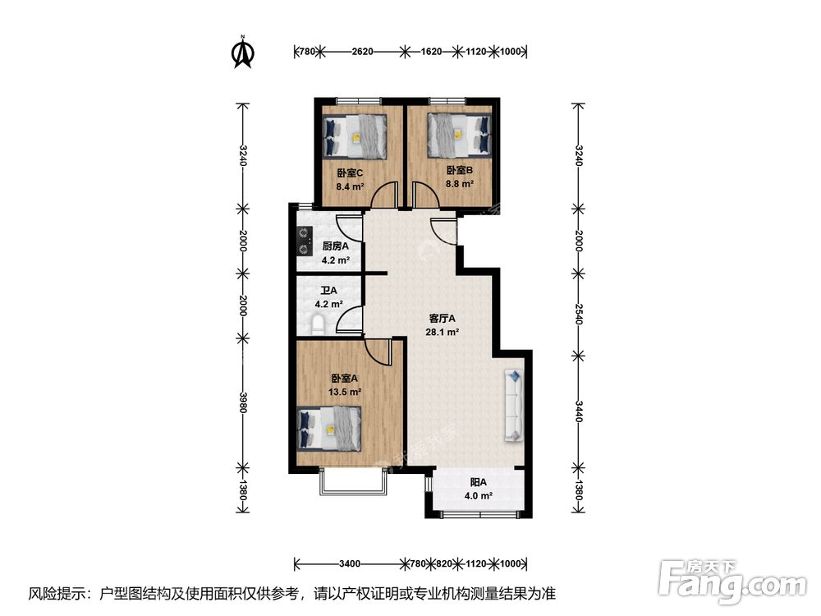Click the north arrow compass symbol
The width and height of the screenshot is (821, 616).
[x=242, y=51]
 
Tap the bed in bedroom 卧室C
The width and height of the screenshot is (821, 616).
[x=355, y=136]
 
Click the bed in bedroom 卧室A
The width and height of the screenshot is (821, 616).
[x=329, y=429]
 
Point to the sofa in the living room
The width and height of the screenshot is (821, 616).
[x=514, y=404]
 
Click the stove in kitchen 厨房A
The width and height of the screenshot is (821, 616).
[x=305, y=239]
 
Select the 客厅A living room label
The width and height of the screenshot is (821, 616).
[x=443, y=318]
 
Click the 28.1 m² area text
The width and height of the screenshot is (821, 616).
[x=443, y=333]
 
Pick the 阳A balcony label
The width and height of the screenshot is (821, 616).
[x=479, y=482]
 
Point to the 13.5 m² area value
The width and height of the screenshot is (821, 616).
[x=345, y=393]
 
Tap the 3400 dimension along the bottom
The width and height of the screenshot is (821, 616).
[x=350, y=563]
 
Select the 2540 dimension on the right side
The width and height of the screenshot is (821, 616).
[x=579, y=313]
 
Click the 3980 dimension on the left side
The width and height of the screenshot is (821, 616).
[x=242, y=402]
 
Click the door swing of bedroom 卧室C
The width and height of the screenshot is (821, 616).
[x=384, y=195]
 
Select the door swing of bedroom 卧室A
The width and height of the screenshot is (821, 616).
[x=380, y=353]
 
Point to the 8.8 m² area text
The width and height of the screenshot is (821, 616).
[x=460, y=184]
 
